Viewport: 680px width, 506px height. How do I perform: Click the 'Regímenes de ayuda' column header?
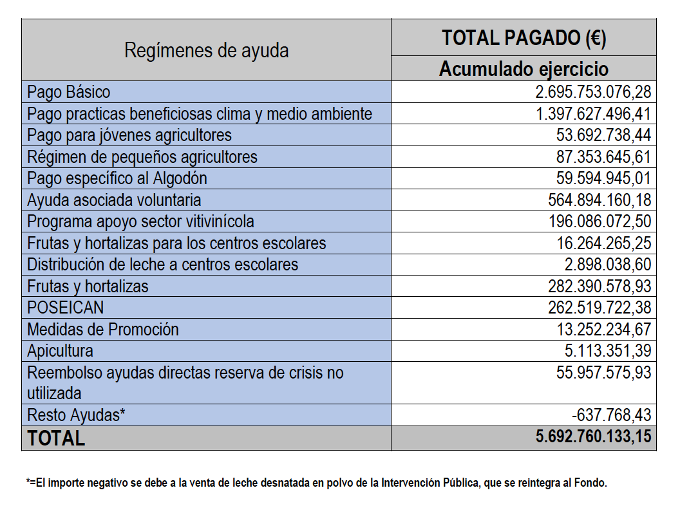[207, 50]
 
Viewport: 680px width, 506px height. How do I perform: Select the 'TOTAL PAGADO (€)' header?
[524, 38]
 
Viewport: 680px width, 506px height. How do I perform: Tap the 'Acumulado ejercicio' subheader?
[524, 69]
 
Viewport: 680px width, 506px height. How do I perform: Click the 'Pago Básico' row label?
[68, 92]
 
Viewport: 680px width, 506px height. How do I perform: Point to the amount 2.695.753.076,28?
[593, 92]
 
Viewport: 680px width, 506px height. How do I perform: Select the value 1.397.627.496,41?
[593, 113]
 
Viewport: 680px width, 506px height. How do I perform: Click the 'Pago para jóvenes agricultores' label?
[129, 135]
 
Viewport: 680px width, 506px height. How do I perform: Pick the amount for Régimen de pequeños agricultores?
[603, 157]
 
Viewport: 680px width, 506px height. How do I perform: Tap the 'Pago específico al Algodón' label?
[117, 178]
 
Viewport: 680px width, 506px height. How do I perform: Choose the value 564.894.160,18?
[600, 200]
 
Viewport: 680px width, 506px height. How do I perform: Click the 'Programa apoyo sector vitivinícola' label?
[140, 221]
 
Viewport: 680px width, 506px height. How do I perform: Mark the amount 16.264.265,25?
[603, 243]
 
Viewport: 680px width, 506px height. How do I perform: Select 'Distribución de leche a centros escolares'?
[163, 265]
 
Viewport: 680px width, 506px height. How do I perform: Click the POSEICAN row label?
[66, 308]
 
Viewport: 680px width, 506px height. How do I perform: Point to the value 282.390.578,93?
[600, 286]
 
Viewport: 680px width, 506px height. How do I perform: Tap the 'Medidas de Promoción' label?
[103, 329]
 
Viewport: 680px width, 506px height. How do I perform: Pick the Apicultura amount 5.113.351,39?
[608, 351]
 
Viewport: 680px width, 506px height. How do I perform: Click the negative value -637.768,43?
[612, 415]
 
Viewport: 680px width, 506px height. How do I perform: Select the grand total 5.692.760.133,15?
[593, 436]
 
